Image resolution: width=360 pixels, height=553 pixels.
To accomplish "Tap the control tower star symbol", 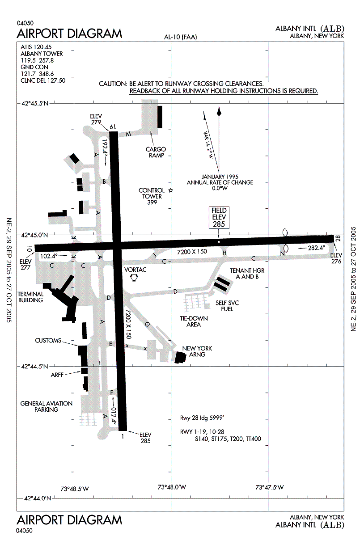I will [170, 190].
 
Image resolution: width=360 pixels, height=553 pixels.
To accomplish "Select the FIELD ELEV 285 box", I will [219, 217].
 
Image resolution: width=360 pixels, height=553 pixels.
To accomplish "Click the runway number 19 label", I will [113, 127].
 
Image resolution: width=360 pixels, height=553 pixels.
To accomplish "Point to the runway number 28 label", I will [338, 238].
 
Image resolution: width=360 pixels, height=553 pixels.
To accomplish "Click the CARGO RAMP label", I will [156, 152].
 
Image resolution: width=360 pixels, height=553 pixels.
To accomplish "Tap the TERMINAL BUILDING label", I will [30, 297].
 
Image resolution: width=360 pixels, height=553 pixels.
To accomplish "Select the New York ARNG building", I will [181, 358].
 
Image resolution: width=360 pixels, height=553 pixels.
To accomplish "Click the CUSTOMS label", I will [48, 341].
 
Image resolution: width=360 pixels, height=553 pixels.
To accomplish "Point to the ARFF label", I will [58, 375].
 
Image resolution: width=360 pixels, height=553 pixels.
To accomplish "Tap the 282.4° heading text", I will [315, 247].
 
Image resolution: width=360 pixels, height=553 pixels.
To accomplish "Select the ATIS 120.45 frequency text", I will [37, 46].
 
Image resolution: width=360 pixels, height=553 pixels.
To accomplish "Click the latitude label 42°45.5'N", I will [35, 104].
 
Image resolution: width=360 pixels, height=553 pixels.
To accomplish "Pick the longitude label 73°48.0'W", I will [172, 487].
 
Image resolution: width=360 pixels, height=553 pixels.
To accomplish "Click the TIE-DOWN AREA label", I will [194, 321].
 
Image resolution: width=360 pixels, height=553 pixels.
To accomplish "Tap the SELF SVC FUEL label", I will [227, 306].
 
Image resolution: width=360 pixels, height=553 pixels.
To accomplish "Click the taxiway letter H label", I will [224, 253].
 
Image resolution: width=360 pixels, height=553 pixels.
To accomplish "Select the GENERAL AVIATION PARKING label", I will [47, 406].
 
